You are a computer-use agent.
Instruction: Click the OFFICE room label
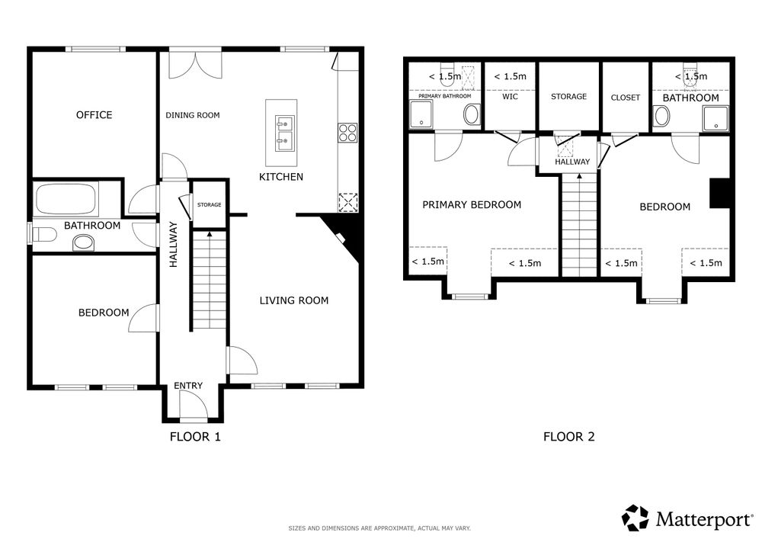(94, 114)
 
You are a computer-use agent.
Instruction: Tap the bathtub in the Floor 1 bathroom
(66, 199)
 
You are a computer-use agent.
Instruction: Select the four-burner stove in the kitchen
(348, 133)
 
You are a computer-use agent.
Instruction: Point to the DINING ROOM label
(193, 115)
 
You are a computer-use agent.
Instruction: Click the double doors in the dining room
(195, 65)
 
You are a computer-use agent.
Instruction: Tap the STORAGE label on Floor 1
(209, 204)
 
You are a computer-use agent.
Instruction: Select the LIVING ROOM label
(293, 300)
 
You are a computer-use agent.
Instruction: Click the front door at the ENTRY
(194, 406)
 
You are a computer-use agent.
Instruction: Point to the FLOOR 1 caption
(195, 436)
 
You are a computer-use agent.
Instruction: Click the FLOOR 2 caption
(568, 436)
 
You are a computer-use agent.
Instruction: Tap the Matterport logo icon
(636, 518)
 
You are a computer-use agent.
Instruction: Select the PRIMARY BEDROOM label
(472, 204)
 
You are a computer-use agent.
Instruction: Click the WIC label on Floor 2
(510, 97)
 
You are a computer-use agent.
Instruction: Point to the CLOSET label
(625, 98)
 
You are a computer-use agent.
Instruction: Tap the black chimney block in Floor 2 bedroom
(720, 193)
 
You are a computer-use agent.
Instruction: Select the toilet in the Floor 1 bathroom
(43, 234)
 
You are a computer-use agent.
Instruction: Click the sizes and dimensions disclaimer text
(379, 528)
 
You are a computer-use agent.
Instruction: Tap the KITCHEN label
(281, 177)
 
